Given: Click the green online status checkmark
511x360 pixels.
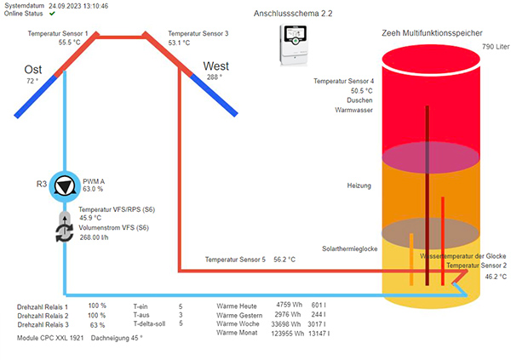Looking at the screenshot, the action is tap(52, 14).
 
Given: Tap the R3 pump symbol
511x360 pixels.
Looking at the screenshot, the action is tap(65, 186).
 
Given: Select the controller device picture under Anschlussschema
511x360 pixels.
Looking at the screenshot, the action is tap(294, 45).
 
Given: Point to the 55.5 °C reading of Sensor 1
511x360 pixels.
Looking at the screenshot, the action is tap(70, 43).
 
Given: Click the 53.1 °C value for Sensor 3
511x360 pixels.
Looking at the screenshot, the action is tap(179, 43).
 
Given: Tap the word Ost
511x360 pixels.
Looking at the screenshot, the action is tap(33, 70).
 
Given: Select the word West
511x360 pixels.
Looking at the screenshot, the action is tap(215, 66).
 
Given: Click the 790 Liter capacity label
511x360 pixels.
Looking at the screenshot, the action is tap(496, 47).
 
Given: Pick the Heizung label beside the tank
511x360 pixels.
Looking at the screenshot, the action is tap(359, 186).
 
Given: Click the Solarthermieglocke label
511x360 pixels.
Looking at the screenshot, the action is tap(350, 249).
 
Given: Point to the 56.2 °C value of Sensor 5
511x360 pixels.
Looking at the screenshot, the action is tap(284, 260).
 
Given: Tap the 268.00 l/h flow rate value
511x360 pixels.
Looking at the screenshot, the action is tap(95, 237).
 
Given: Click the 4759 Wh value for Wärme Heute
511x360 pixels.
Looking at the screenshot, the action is tap(289, 305).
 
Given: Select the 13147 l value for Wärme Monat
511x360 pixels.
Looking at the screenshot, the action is tap(319, 334).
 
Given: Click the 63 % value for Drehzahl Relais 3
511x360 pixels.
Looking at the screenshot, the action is tap(97, 325).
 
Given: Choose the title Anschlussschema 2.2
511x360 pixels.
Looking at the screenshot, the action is tap(293, 14).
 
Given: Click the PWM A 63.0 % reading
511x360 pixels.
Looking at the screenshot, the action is tap(94, 185).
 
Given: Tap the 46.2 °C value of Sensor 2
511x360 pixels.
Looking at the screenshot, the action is tap(496, 277).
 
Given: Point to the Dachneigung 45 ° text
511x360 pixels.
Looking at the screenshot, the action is tap(117, 338).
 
